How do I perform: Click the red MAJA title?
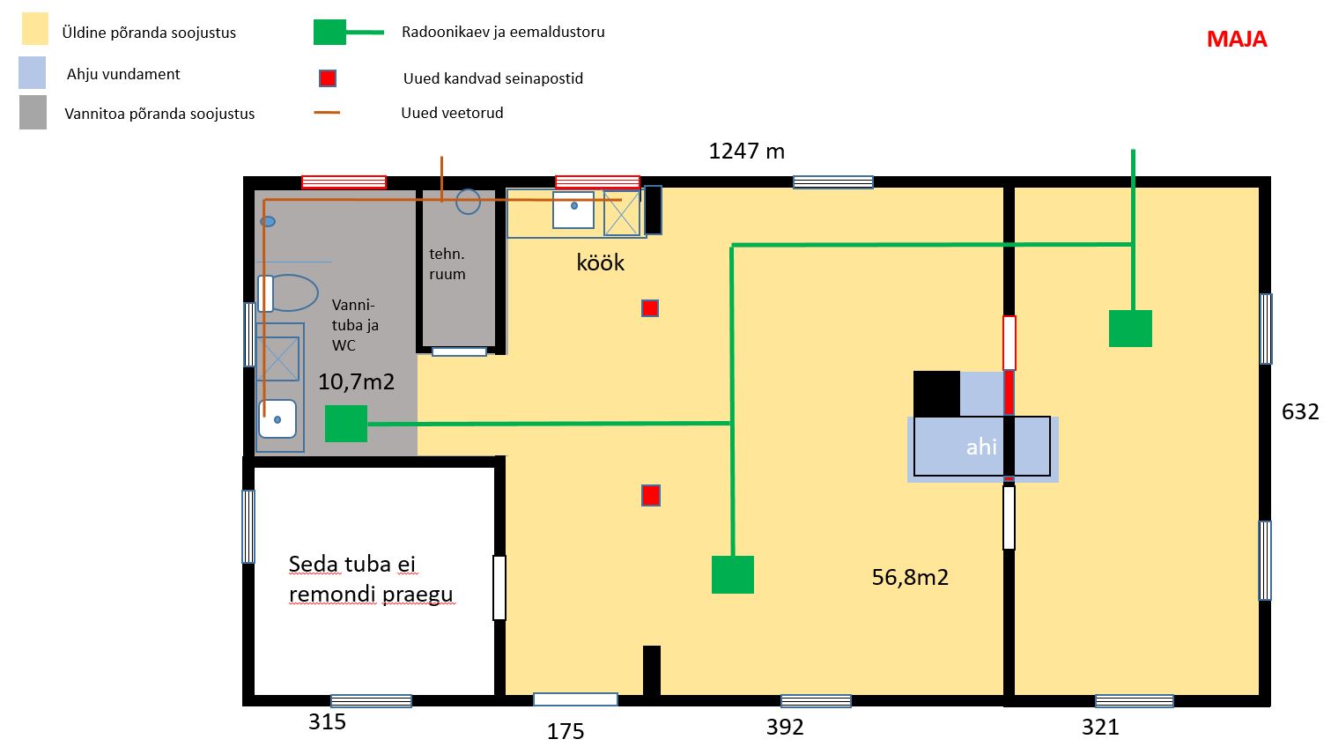click(x=1237, y=40)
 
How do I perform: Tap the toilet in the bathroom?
click(x=288, y=293)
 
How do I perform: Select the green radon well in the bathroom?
click(x=346, y=424)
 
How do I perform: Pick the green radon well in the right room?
click(x=1130, y=329)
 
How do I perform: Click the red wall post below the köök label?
click(x=650, y=308)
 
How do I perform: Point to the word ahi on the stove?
click(x=981, y=447)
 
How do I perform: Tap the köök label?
click(x=600, y=262)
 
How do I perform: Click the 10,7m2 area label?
click(x=356, y=381)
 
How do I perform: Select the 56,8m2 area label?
click(x=910, y=577)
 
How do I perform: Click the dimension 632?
click(x=1300, y=411)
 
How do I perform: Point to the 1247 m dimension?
click(x=746, y=152)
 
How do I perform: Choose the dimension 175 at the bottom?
click(x=566, y=731)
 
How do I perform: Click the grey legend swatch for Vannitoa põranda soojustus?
click(x=33, y=112)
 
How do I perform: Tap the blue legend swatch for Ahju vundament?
click(x=32, y=72)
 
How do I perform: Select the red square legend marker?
click(x=328, y=78)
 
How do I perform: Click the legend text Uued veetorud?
click(x=452, y=113)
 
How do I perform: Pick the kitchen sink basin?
click(x=573, y=210)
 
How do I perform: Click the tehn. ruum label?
click(x=447, y=263)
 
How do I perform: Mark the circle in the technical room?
click(x=469, y=202)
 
